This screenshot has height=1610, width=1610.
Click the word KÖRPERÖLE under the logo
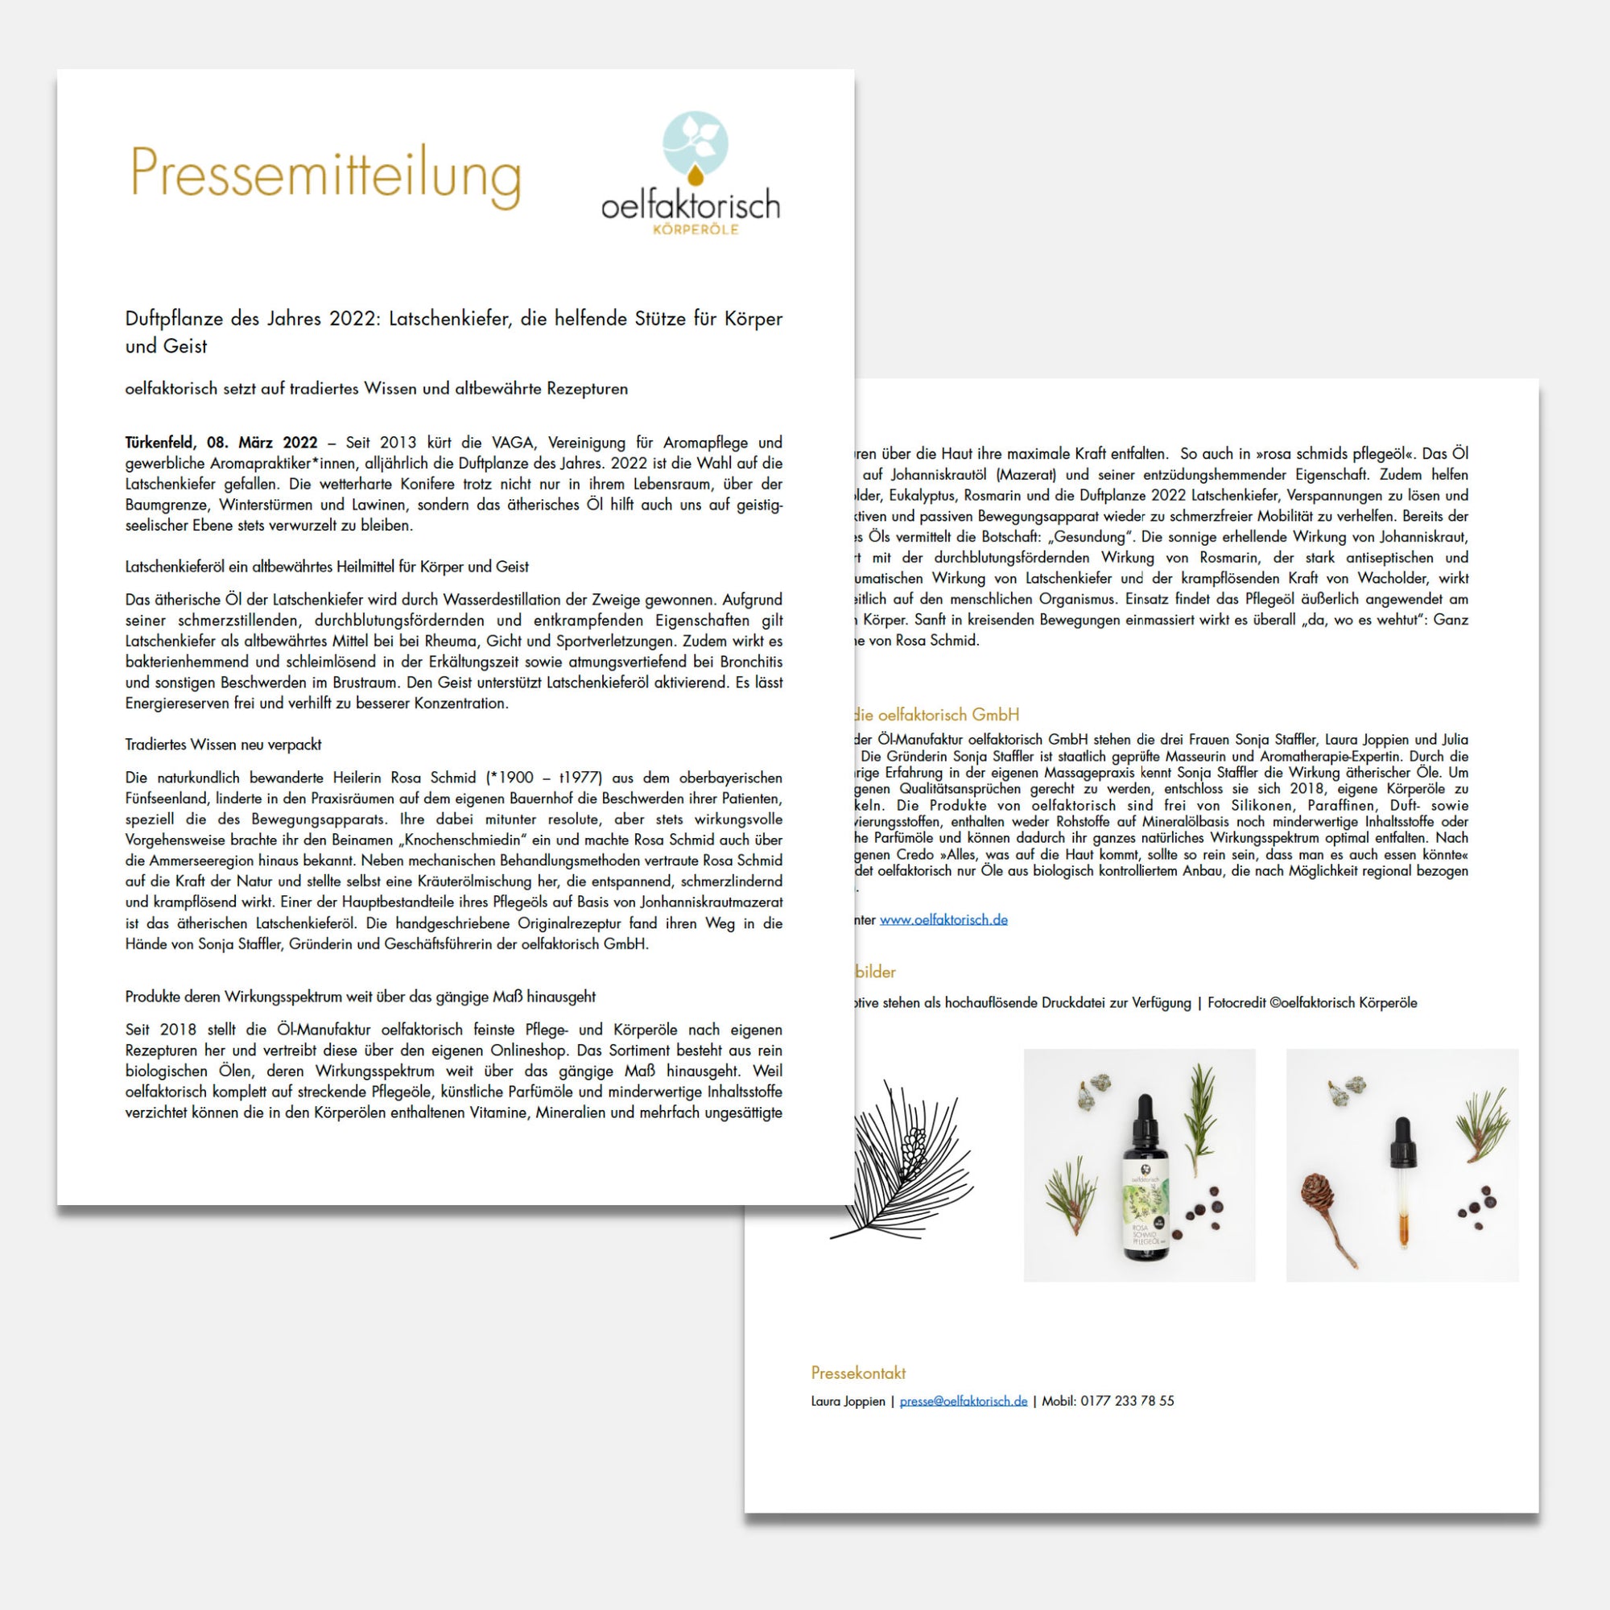pyautogui.click(x=695, y=230)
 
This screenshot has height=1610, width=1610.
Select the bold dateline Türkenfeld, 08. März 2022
pyautogui.click(x=221, y=443)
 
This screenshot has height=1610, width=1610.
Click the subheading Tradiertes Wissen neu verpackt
pyautogui.click(x=222, y=744)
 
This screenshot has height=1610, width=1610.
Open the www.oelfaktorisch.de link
pyautogui.click(x=943, y=919)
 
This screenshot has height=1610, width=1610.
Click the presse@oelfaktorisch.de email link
pyautogui.click(x=964, y=1401)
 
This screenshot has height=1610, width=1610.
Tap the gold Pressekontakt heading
pyautogui.click(x=858, y=1373)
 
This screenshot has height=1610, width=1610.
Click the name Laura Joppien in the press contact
pyautogui.click(x=848, y=1401)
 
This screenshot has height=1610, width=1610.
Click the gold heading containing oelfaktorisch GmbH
pyautogui.click(x=935, y=714)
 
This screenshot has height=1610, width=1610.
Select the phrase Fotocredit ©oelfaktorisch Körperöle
pyautogui.click(x=1311, y=1002)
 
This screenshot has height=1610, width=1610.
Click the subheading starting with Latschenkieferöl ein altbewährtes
pyautogui.click(x=327, y=567)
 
